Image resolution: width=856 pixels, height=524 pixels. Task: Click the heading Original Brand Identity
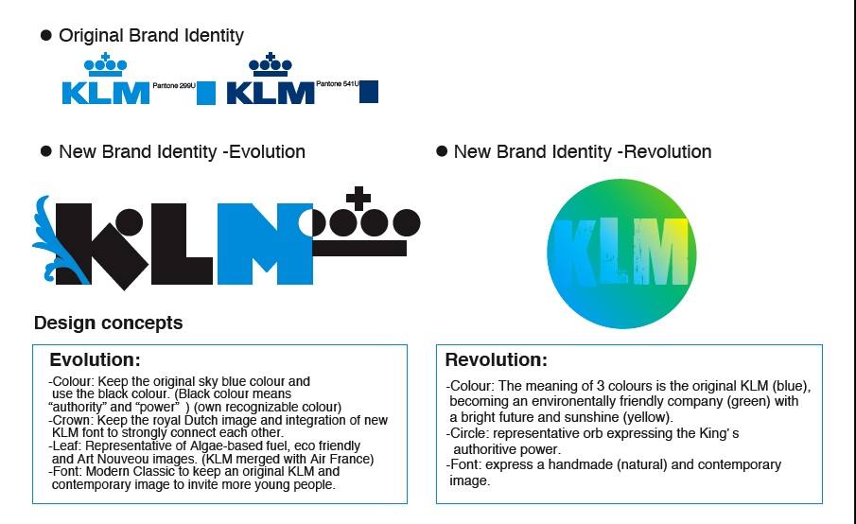click(x=151, y=36)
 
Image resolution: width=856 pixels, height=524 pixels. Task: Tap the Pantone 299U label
click(x=174, y=86)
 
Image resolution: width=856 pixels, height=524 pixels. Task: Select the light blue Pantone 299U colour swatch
click(x=206, y=93)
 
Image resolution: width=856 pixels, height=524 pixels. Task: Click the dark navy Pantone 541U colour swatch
click(x=369, y=92)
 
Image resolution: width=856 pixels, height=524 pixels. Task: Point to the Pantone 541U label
click(x=338, y=83)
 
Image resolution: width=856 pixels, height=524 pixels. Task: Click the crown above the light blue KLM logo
click(x=105, y=65)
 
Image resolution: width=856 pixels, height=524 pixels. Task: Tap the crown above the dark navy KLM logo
click(x=271, y=65)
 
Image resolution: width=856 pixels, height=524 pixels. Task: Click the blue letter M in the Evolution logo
click(x=265, y=244)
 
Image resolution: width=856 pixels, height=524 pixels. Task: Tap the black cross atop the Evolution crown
click(x=358, y=199)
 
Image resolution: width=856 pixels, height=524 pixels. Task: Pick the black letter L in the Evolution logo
click(x=182, y=244)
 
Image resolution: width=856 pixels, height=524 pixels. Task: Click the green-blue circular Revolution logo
click(x=621, y=253)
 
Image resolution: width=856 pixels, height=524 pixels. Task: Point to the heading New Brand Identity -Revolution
click(x=583, y=151)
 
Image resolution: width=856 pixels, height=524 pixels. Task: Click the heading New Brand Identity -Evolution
click(x=182, y=151)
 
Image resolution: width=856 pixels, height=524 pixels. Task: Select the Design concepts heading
click(x=108, y=323)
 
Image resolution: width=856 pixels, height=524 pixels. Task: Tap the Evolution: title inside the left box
click(x=95, y=359)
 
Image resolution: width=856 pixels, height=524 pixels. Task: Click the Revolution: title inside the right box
click(x=497, y=359)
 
